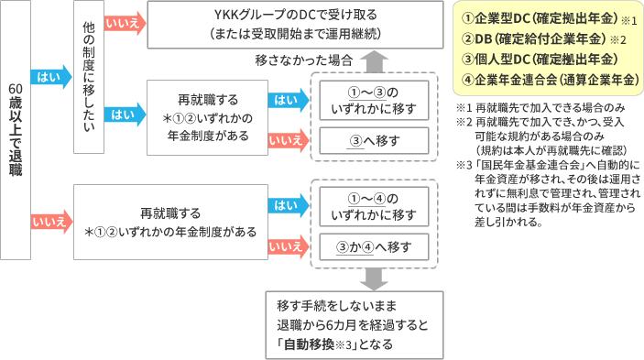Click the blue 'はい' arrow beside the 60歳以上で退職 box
(x=47, y=77)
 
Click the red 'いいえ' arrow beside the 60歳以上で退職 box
(x=47, y=221)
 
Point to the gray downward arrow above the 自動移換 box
(x=374, y=278)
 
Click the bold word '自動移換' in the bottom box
(x=306, y=344)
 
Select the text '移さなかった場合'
(x=304, y=60)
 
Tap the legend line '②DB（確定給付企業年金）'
(x=540, y=39)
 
